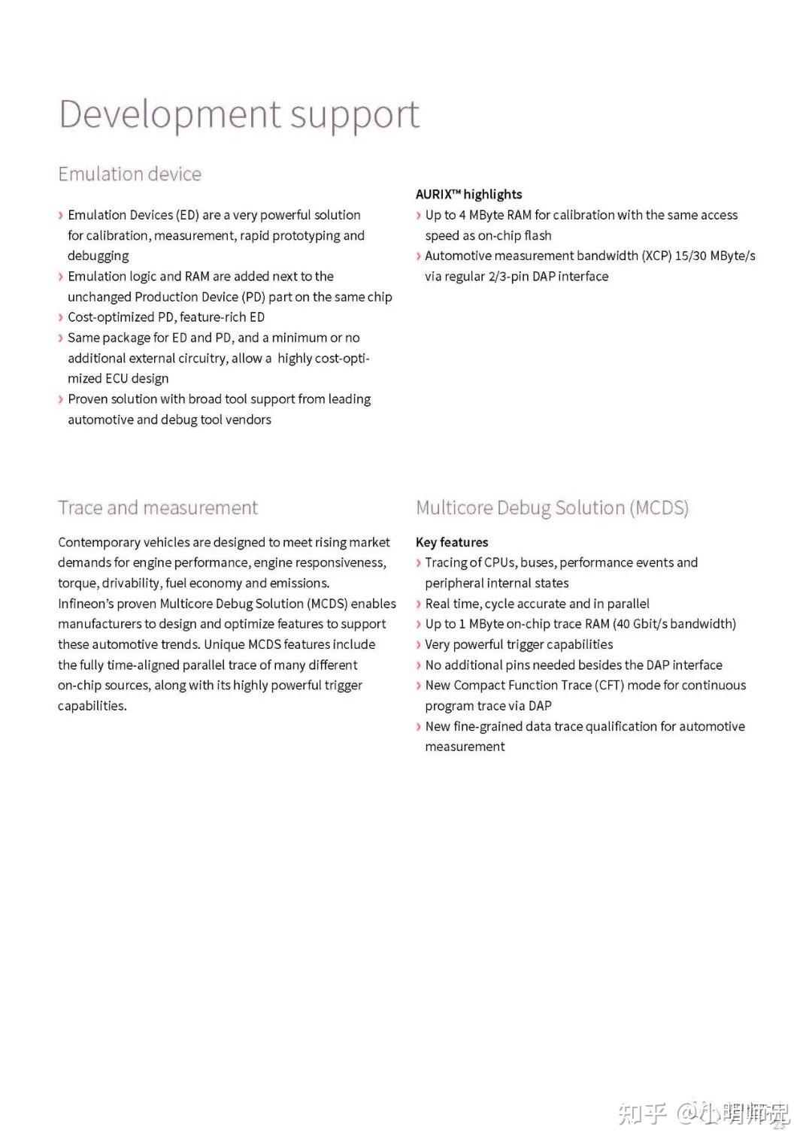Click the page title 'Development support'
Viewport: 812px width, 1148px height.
[238, 115]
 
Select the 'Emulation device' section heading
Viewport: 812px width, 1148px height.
[129, 174]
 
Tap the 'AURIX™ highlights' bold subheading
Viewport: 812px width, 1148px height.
[468, 194]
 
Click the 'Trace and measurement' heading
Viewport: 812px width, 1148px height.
[157, 508]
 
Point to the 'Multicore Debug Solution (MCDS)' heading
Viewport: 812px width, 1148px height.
[552, 508]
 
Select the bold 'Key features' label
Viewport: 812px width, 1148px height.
[452, 542]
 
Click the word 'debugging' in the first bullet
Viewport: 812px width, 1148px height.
[98, 256]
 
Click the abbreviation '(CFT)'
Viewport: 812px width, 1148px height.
[609, 685]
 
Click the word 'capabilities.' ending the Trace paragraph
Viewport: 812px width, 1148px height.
[92, 706]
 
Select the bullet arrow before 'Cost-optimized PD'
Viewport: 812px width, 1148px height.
[61, 317]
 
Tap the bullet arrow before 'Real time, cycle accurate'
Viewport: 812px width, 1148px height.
[419, 604]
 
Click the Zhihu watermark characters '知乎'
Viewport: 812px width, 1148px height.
[643, 1113]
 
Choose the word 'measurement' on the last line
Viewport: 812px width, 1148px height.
[465, 747]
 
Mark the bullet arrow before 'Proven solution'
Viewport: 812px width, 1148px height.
[61, 399]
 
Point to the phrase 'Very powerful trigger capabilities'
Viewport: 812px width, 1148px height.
[519, 644]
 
